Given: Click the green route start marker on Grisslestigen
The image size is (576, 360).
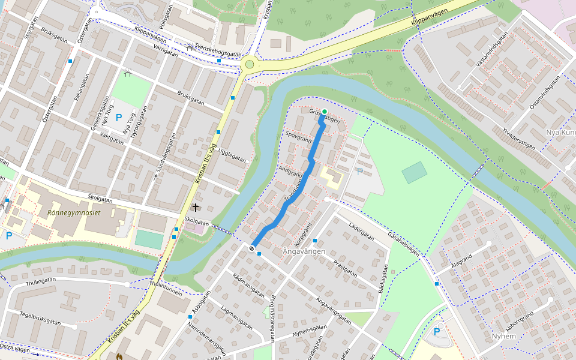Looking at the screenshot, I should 325,112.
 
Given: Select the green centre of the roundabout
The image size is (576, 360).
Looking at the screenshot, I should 250,64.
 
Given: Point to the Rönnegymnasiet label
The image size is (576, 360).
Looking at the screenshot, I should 73,212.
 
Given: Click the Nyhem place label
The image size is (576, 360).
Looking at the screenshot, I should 503,336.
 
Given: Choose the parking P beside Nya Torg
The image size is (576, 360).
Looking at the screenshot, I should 119,118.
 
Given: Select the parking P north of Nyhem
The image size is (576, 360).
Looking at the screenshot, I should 437,332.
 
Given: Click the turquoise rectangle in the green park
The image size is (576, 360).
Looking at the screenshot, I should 415,172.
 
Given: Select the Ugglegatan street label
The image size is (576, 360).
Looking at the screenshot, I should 232,155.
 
